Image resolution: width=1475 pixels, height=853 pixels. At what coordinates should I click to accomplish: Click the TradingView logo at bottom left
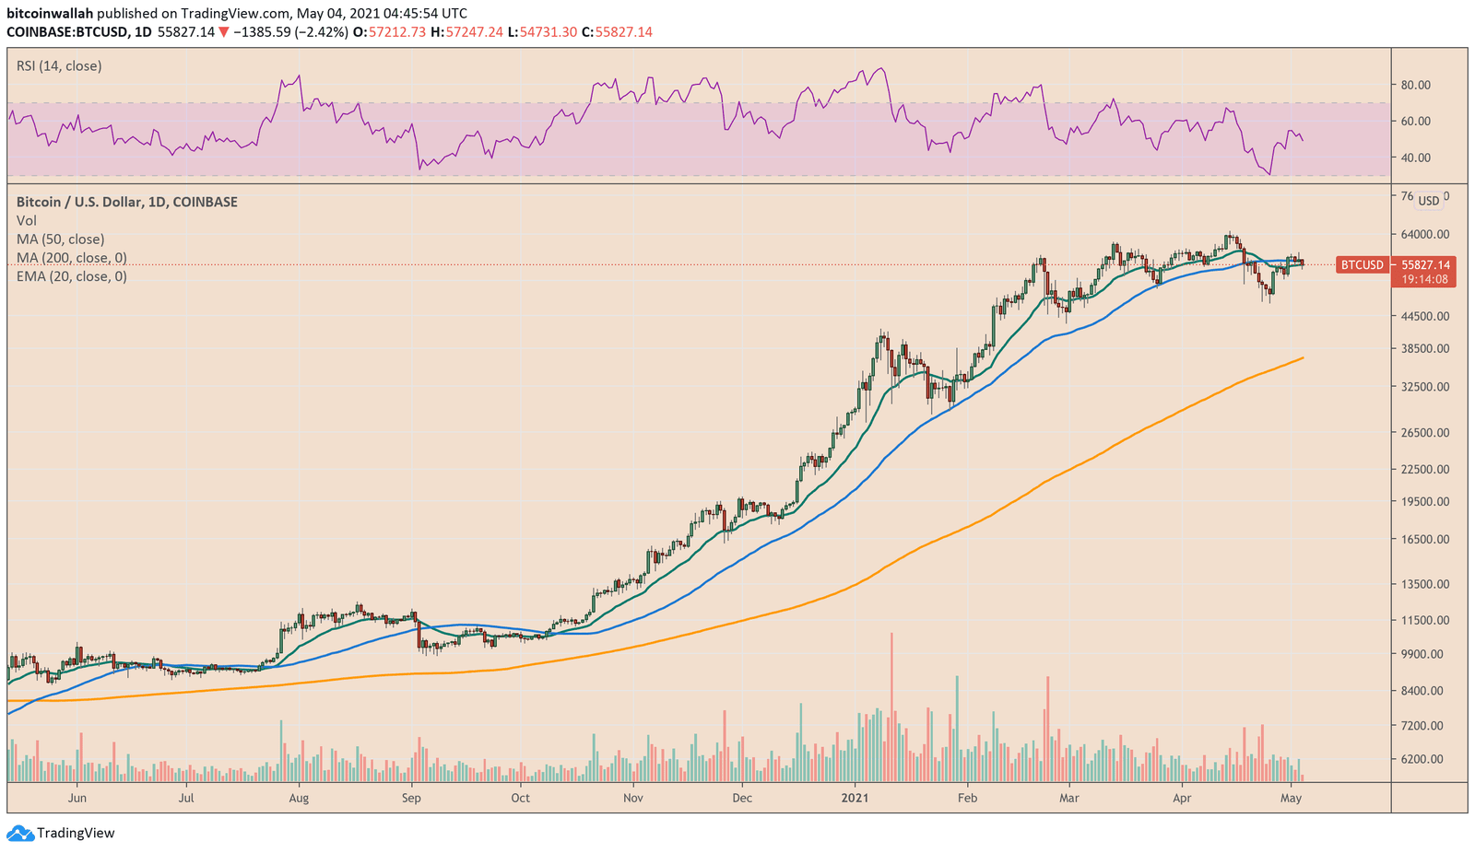(x=62, y=833)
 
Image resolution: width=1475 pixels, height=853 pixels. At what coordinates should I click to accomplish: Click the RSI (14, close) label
(x=59, y=66)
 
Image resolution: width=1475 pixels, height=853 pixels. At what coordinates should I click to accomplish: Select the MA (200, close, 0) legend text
(x=72, y=258)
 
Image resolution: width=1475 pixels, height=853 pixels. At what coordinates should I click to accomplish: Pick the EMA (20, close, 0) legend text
(x=72, y=276)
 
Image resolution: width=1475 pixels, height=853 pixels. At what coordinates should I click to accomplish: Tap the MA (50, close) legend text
(x=61, y=240)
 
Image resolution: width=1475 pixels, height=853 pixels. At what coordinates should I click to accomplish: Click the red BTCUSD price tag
(x=1362, y=265)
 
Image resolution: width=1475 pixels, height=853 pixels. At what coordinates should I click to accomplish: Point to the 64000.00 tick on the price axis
(x=1425, y=235)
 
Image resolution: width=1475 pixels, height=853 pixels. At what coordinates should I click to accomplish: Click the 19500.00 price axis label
(x=1425, y=502)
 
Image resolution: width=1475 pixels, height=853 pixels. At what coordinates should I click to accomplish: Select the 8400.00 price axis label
(x=1425, y=691)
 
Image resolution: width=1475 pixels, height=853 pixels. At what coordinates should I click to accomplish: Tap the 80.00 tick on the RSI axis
(x=1416, y=85)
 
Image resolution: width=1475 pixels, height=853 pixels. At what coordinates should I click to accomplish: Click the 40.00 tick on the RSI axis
(x=1416, y=158)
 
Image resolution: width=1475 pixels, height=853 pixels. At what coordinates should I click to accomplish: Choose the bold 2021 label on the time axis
(x=855, y=798)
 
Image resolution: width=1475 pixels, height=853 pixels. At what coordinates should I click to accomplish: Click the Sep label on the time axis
(x=411, y=798)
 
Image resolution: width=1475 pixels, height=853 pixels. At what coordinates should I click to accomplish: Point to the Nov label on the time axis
(x=632, y=798)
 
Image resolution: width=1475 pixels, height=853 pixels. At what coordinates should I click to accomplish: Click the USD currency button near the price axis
(x=1428, y=201)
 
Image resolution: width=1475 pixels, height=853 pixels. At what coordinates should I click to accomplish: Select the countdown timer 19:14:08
(x=1424, y=279)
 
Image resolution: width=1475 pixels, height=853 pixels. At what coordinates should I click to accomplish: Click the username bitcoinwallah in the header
(x=50, y=14)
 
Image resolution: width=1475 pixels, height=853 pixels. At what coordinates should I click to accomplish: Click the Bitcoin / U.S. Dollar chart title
(x=126, y=202)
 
